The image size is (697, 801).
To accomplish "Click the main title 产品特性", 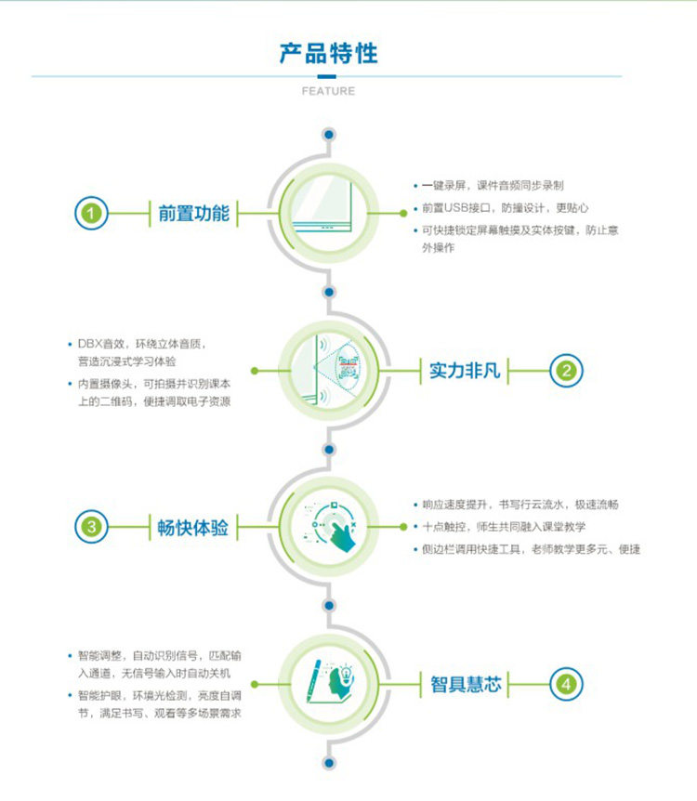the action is pos(328,54).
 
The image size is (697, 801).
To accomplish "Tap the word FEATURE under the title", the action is pos(328,91).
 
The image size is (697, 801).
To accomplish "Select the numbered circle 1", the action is pos(91,213).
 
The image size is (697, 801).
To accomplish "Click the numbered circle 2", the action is pos(566,371).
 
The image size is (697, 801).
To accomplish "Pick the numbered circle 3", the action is pos(91,527).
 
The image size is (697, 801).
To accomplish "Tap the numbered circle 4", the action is pos(566,684).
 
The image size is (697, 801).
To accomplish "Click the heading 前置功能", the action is pos(193,214).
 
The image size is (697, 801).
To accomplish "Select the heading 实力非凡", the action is pos(465,371).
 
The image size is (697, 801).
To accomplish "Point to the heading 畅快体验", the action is pos(192,527).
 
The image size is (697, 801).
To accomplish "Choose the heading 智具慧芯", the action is pos(466,684).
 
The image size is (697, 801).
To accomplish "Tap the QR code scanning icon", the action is pos(348,368).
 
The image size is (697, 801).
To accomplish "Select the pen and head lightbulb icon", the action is pos(329,682).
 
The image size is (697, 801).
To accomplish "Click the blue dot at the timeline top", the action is pos(329,135).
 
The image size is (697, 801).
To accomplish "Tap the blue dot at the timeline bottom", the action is pos(329,763).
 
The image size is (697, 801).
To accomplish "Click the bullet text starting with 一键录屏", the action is pos(493,186).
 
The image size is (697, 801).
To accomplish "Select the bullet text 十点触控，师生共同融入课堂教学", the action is pos(504,527).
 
